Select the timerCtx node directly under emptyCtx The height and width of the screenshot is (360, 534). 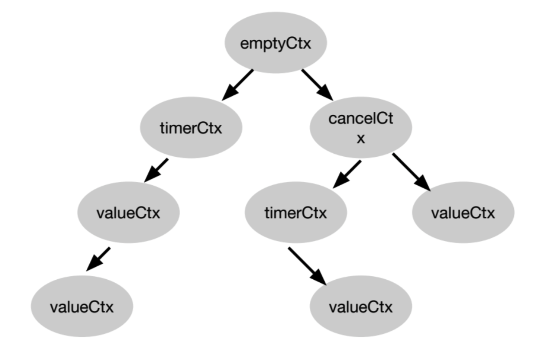coord(191,128)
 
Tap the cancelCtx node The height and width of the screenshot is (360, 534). coord(361,128)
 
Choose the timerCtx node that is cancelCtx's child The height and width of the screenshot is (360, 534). coord(296,213)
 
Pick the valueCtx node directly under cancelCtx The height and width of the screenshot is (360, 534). coord(463,213)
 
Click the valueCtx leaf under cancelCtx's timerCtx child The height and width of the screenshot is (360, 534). coord(361,307)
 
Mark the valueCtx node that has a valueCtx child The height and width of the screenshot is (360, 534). coord(128,213)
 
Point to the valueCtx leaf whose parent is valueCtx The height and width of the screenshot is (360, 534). coord(82,307)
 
